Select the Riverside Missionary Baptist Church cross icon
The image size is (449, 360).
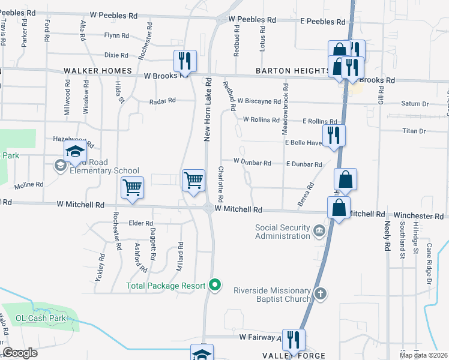(321, 293)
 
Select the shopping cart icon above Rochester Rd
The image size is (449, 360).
(132, 187)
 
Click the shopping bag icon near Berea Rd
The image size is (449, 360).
(346, 178)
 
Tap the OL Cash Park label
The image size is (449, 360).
(37, 318)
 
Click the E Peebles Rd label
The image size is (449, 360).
(323, 21)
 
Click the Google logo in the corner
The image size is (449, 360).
(20, 353)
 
